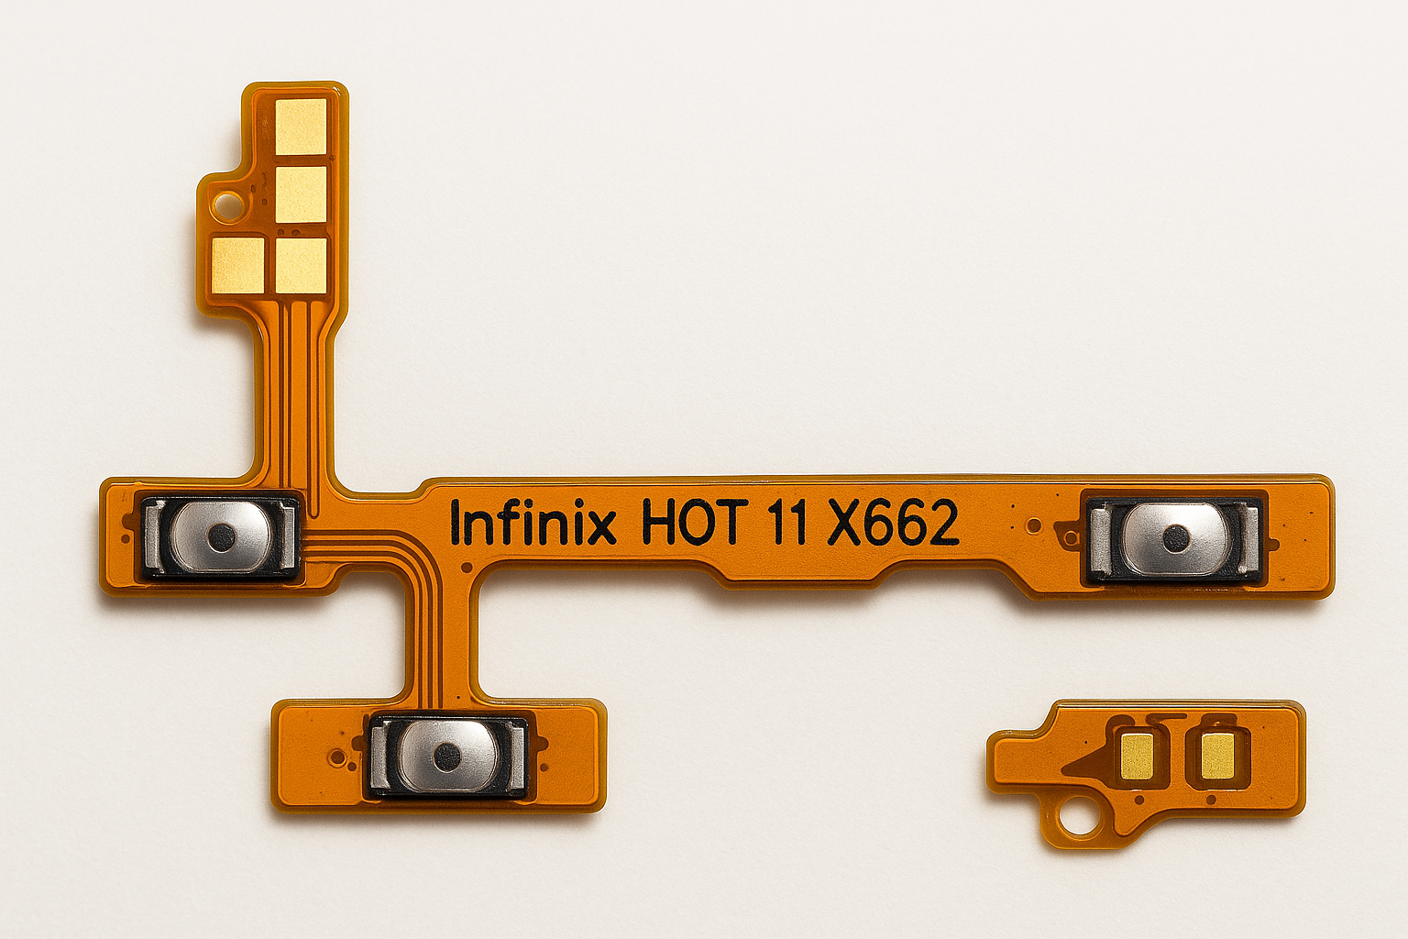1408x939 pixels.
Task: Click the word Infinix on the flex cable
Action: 533,525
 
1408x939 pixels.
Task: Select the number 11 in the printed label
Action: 788,524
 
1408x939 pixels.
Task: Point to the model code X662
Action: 893,524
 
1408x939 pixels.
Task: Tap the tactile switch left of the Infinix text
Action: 220,536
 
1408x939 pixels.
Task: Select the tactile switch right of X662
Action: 1174,537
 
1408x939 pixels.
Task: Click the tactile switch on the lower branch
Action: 447,755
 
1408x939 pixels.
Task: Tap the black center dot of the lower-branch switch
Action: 447,756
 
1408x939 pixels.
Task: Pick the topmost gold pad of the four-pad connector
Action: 302,127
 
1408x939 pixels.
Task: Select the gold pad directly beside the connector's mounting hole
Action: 301,194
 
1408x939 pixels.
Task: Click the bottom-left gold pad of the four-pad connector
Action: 237,264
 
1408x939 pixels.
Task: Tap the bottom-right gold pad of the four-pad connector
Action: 302,264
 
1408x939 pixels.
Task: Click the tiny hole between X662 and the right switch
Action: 1034,525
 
